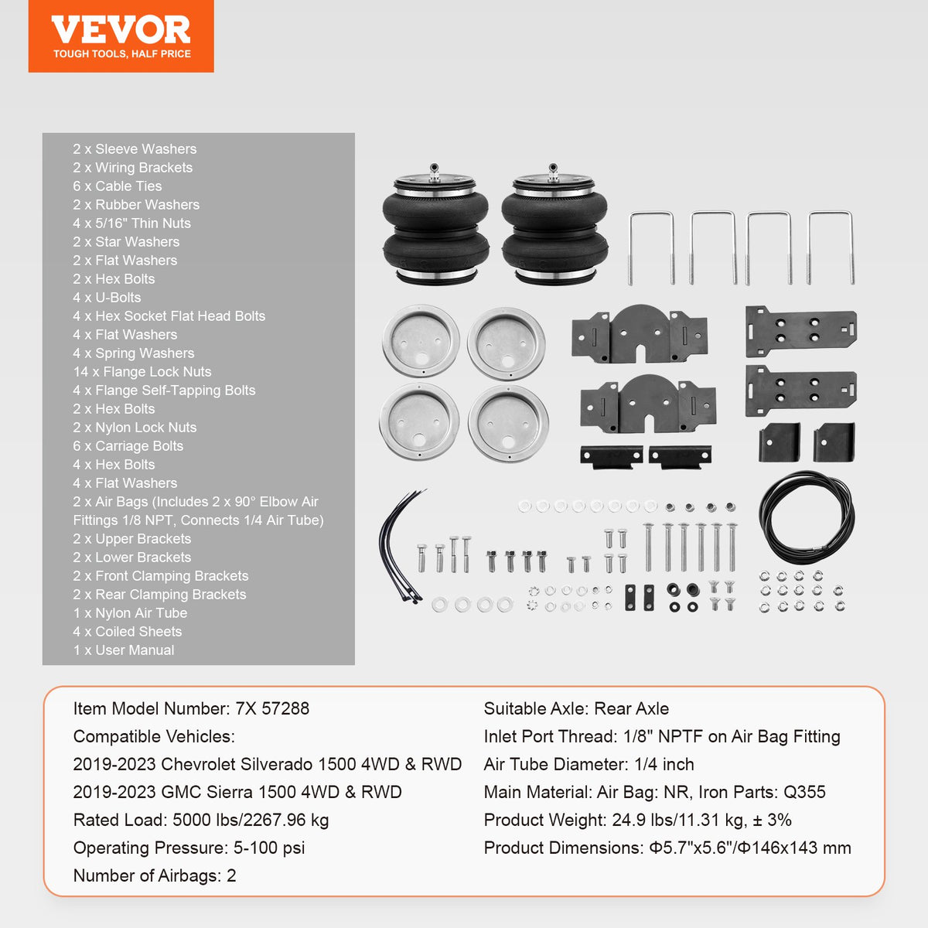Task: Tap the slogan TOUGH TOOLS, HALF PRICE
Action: click(121, 54)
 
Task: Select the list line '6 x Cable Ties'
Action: click(118, 186)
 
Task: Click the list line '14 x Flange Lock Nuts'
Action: click(142, 372)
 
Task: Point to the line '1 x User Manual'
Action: click(124, 650)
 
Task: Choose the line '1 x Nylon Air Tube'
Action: click(130, 613)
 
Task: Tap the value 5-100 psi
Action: click(269, 848)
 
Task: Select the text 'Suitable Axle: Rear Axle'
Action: click(576, 708)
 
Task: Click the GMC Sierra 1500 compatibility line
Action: click(237, 792)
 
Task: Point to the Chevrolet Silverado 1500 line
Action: click(267, 764)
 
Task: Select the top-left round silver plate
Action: click(421, 341)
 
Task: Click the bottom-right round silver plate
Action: click(508, 423)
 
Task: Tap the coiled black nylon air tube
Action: click(807, 520)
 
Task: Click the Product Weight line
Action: click(637, 820)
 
